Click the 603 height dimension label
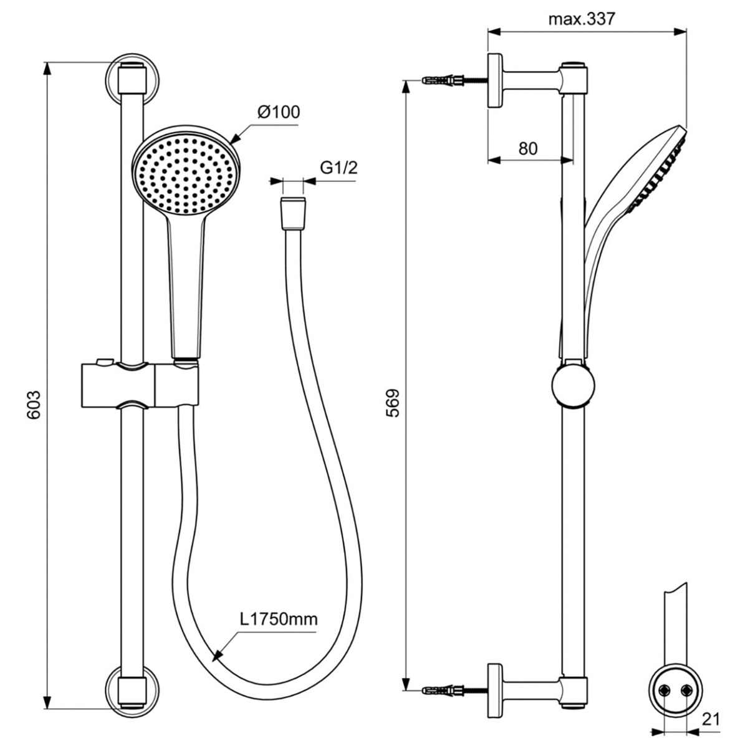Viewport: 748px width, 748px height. tap(34, 405)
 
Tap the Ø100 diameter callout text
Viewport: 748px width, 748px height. tap(279, 112)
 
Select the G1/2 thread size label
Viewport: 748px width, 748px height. tap(338, 168)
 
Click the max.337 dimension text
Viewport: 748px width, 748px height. tap(582, 19)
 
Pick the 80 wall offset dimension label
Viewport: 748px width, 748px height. tap(528, 148)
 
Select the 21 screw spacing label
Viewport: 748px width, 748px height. tap(711, 719)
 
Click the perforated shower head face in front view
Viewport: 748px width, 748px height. tap(186, 175)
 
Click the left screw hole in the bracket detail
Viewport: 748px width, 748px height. tap(666, 679)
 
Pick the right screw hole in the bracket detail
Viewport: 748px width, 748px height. tap(687, 679)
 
